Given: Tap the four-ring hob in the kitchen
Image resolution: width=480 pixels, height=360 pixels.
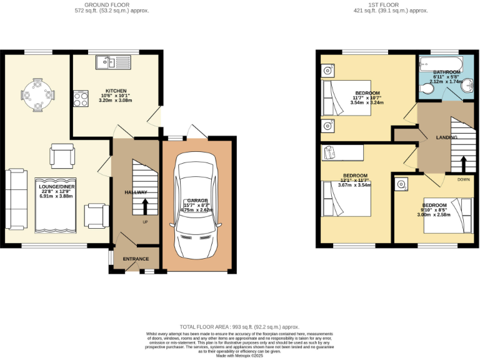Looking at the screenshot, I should pos(81,98).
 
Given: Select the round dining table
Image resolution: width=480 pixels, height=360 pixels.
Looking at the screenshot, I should pos(36,96).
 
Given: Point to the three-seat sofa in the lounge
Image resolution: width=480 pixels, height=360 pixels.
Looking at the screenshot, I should pos(18,199).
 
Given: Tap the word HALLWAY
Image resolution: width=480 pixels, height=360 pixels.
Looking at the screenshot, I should pos(136,192).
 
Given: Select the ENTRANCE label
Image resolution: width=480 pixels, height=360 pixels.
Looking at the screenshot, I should pos(136,259).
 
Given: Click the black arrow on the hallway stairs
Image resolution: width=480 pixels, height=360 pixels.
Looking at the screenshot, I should pos(145,206).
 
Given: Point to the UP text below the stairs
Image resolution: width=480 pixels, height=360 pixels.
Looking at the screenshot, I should pos(145,222).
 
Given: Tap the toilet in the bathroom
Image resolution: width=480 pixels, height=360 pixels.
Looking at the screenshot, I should pos(426,91).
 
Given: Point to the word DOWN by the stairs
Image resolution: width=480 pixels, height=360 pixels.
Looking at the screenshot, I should pos(463,179).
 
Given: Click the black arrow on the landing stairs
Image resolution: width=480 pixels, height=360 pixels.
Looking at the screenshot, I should pos(463,162).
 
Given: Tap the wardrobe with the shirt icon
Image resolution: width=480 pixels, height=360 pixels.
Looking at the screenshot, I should pos(342,151).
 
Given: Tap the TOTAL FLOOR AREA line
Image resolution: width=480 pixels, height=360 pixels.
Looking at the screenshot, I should pos(239,327).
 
